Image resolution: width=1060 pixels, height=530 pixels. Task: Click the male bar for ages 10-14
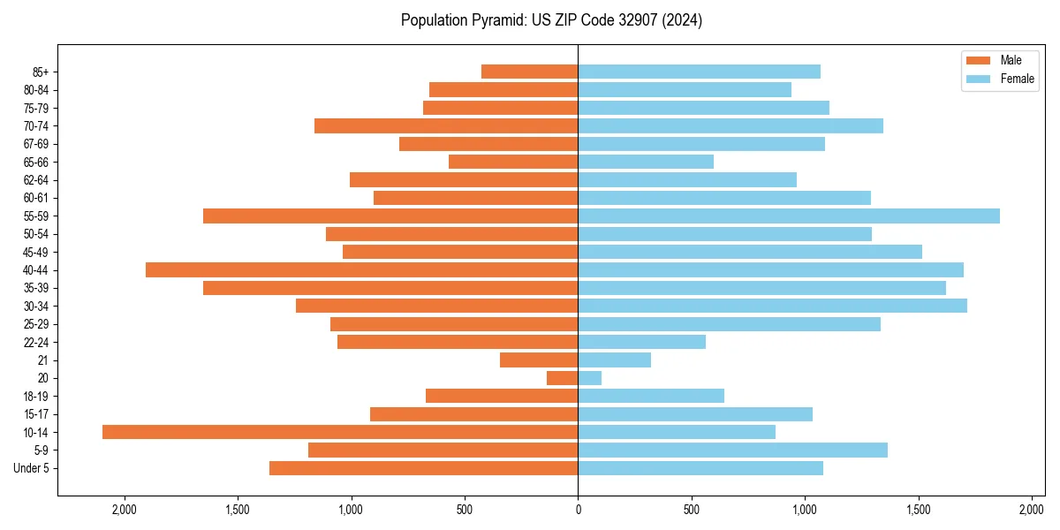click(x=340, y=432)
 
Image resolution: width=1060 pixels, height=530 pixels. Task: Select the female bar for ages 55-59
click(x=789, y=216)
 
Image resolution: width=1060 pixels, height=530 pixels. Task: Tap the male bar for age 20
click(x=563, y=378)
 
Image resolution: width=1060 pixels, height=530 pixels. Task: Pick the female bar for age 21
click(x=615, y=360)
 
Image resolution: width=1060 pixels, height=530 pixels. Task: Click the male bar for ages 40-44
click(x=362, y=270)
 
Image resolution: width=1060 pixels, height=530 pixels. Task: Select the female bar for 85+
click(x=700, y=72)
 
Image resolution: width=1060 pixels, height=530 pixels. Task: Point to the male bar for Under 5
click(x=424, y=468)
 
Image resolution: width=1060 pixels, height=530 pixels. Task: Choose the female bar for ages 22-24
click(x=642, y=342)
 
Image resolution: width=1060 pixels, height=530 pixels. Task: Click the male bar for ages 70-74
click(x=446, y=126)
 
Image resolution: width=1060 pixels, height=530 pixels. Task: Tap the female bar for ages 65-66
click(x=646, y=162)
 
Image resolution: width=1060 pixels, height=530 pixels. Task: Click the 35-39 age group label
click(x=36, y=288)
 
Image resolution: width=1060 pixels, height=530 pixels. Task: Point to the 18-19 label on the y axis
click(x=36, y=397)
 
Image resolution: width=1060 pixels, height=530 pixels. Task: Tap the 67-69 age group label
click(x=36, y=144)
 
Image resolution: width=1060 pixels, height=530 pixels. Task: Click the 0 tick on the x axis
click(x=579, y=510)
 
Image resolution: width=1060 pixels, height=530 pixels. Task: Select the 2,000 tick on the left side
click(x=125, y=510)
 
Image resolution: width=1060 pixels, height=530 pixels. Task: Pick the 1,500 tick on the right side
click(x=919, y=510)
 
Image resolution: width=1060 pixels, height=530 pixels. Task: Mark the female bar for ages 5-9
click(x=733, y=450)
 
